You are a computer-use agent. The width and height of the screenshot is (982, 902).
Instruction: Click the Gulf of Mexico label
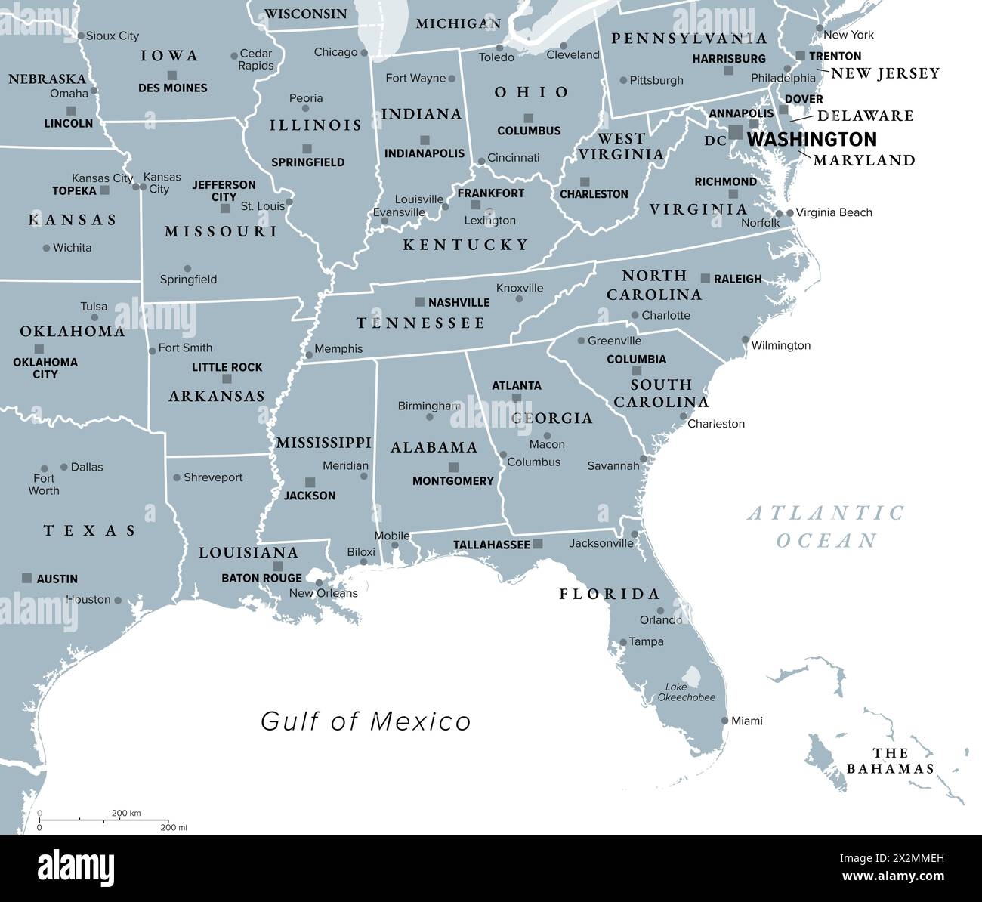[x=366, y=721]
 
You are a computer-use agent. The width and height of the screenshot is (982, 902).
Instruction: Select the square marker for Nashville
[x=420, y=301]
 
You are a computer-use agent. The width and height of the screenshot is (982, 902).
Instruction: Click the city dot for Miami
[x=725, y=721]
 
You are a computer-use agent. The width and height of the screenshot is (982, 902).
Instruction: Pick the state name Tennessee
[x=421, y=323]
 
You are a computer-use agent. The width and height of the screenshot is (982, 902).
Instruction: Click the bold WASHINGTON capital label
[x=812, y=139]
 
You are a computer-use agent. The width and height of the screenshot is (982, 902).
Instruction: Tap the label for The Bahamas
[x=890, y=761]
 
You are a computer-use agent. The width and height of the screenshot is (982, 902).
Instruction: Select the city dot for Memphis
[x=308, y=354]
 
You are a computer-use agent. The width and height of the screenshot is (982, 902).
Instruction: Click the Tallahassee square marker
[x=538, y=543]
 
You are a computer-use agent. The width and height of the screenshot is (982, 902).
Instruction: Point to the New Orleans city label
[x=323, y=593]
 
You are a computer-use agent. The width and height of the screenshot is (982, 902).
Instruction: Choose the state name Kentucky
[x=465, y=244]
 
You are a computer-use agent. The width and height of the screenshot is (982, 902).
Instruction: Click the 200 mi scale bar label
[x=173, y=827]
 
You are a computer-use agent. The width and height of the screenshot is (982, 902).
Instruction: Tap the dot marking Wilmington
[x=746, y=340]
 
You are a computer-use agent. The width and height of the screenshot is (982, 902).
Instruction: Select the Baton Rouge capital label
[x=261, y=579]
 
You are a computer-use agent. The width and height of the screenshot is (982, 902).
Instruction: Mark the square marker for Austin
[x=27, y=578]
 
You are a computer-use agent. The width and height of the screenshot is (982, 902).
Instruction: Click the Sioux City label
[x=113, y=36]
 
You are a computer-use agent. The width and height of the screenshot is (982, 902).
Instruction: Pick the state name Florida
[x=610, y=594]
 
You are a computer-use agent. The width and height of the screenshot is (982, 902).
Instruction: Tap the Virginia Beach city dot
[x=790, y=213]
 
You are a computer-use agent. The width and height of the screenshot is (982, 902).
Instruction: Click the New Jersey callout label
[x=885, y=73]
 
